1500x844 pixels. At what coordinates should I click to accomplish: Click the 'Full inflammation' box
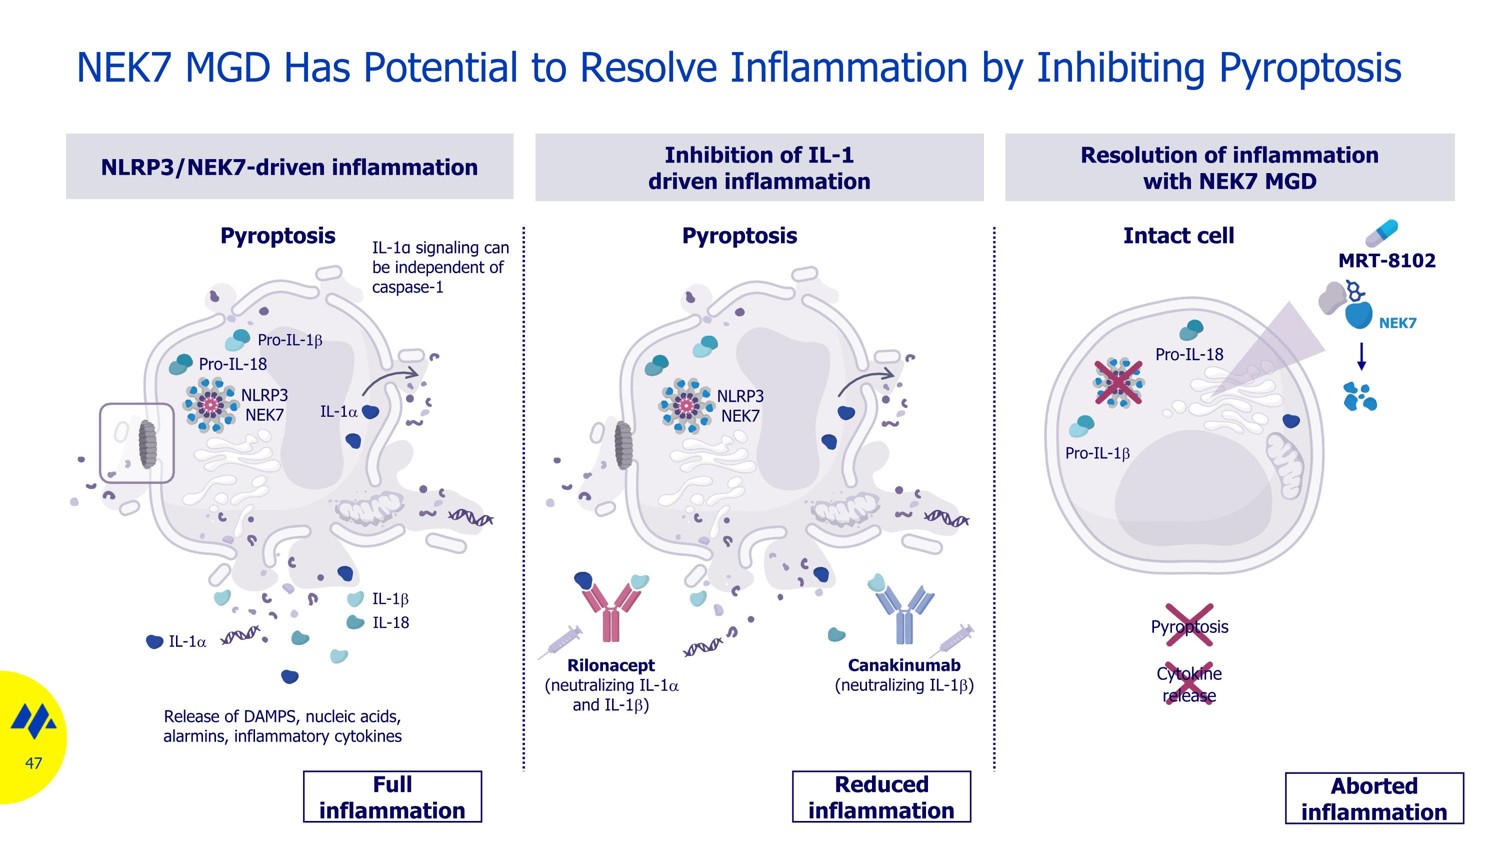click(392, 797)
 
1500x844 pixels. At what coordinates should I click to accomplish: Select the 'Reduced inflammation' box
click(881, 797)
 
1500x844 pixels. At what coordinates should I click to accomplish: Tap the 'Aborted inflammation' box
click(1373, 798)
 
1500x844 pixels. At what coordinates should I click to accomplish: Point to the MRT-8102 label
click(1386, 260)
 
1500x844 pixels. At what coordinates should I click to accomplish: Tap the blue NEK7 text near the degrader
click(1397, 323)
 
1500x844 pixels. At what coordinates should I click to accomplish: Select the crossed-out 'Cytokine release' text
click(1189, 684)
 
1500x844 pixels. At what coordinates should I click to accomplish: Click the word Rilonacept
click(611, 665)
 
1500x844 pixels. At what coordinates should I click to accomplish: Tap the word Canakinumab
click(903, 665)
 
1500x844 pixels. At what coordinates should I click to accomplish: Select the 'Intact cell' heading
click(1178, 236)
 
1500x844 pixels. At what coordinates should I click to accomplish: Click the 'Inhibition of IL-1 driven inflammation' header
click(759, 168)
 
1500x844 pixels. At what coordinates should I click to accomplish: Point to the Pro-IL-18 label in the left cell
click(233, 365)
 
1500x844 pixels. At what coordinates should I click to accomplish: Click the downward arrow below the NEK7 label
click(1361, 357)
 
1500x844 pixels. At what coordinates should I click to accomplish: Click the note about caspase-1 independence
click(440, 267)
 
